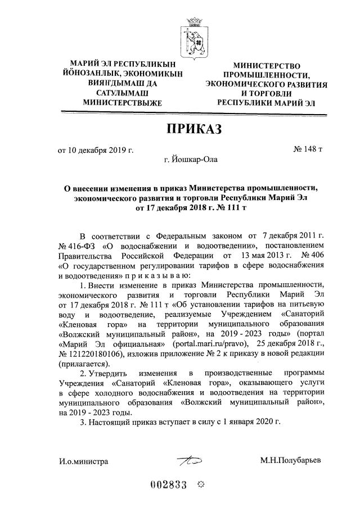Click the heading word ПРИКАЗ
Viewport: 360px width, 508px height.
point(193,129)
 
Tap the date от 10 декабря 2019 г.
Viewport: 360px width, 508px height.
point(96,149)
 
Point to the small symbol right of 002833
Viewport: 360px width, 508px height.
point(199,487)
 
